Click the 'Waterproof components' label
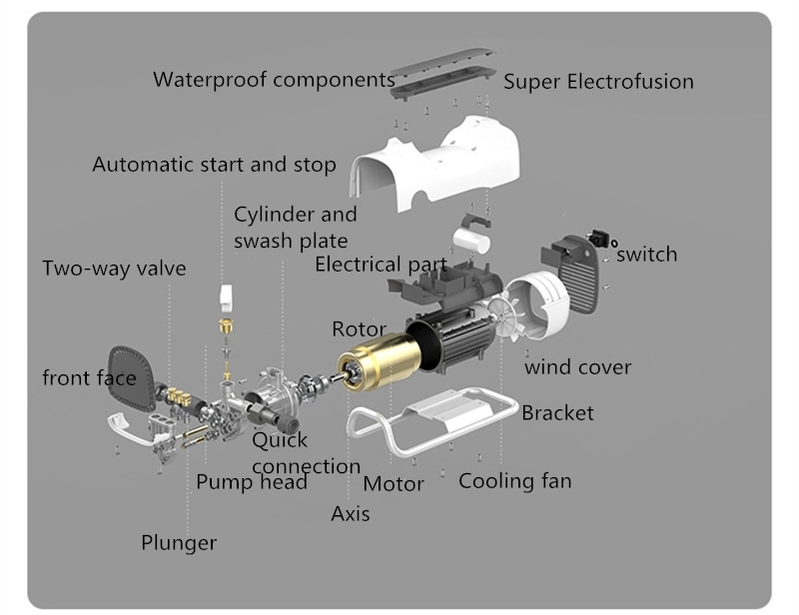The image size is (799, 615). click(274, 79)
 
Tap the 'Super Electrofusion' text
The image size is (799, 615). click(597, 82)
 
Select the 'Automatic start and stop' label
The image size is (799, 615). click(214, 164)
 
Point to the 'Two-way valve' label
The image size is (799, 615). click(114, 269)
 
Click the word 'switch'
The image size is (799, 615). click(646, 255)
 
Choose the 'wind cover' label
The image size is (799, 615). click(577, 367)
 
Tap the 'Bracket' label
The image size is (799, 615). click(557, 412)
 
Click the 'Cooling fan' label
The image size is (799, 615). click(514, 481)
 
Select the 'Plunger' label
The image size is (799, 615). click(178, 543)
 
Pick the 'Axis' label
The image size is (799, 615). click(350, 514)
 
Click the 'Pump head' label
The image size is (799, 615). click(251, 482)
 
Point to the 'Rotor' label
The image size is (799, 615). click(359, 328)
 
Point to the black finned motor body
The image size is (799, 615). click(454, 339)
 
